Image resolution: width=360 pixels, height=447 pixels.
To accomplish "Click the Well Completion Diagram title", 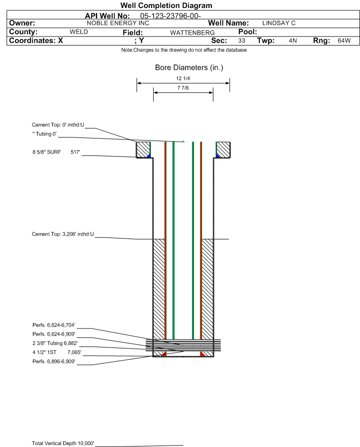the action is pyautogui.click(x=166, y=5).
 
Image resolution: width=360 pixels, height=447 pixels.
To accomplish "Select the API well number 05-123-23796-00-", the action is pyautogui.click(x=170, y=16).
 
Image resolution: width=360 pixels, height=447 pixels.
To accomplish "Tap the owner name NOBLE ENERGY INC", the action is pyautogui.click(x=118, y=23).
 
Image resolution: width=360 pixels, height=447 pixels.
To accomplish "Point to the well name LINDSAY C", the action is pyautogui.click(x=279, y=23).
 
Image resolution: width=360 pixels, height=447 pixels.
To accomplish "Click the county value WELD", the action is pyautogui.click(x=79, y=32).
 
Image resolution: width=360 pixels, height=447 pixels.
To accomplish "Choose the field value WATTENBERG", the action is pyautogui.click(x=192, y=33).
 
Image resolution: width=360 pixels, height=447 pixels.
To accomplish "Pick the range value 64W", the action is pyautogui.click(x=344, y=40).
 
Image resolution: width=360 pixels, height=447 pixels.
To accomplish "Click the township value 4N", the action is pyautogui.click(x=293, y=40).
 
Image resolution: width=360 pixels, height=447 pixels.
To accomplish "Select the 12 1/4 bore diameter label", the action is pyautogui.click(x=183, y=78).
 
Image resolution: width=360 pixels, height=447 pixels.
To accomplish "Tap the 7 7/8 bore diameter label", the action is pyautogui.click(x=183, y=88).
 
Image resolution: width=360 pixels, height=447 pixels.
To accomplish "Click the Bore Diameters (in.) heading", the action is pyautogui.click(x=189, y=68).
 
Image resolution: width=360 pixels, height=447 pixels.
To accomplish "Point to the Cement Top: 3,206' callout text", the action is pyautogui.click(x=63, y=234).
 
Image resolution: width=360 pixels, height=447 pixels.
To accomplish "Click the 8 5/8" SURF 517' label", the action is pyautogui.click(x=56, y=152).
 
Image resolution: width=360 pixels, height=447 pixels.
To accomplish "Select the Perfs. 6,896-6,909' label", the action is pyautogui.click(x=54, y=362).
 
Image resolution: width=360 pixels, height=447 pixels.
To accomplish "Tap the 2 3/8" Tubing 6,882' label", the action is pyautogui.click(x=55, y=343).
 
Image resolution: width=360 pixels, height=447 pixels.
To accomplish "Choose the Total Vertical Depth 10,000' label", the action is pyautogui.click(x=63, y=443).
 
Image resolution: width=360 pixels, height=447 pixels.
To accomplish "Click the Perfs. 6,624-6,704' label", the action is pyautogui.click(x=54, y=325).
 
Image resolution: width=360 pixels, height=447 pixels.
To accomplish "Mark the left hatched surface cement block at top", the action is pyautogui.click(x=143, y=150).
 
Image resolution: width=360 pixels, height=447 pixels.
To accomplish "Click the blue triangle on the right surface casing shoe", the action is pyautogui.click(x=218, y=155).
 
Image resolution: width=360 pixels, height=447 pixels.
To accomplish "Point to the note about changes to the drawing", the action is pyautogui.click(x=184, y=50).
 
